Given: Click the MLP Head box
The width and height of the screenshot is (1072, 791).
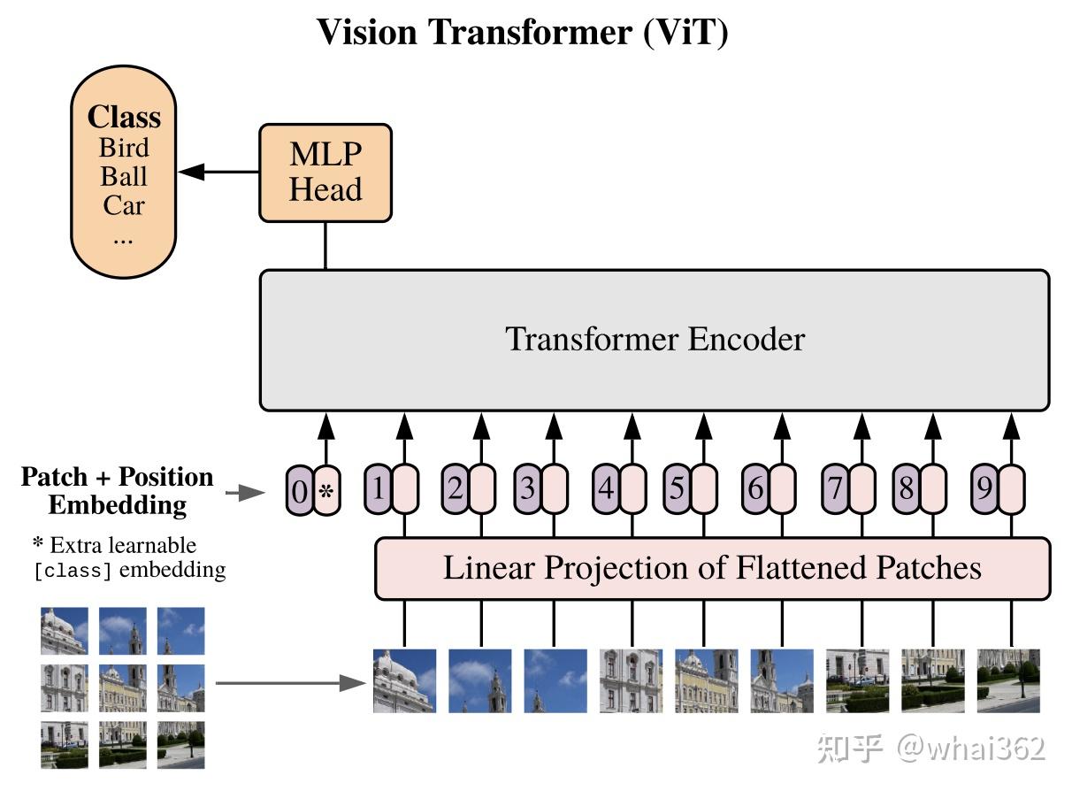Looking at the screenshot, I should point(325,173).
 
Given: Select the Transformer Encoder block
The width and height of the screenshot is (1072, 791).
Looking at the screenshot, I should point(655,340).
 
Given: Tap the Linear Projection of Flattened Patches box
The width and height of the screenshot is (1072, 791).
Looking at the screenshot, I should point(712,567).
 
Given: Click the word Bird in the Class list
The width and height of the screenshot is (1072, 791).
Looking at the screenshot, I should point(124,147).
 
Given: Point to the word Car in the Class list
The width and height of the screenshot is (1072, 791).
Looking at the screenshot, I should point(123,205).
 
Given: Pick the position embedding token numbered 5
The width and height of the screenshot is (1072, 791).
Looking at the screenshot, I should point(678,489).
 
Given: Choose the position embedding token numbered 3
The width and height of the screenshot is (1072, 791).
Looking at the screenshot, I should point(528,489).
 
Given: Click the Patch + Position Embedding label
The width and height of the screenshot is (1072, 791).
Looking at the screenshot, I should point(117,490).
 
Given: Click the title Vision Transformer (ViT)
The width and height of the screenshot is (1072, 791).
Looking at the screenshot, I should point(522,33).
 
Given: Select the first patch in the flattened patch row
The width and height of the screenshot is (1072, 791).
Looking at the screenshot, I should point(404,681).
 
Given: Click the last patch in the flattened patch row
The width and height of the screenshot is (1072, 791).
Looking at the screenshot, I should point(1008,681).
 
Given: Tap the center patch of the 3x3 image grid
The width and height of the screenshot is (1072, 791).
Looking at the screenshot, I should point(123,687).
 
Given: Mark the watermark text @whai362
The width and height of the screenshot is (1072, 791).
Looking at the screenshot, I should point(971,749).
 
